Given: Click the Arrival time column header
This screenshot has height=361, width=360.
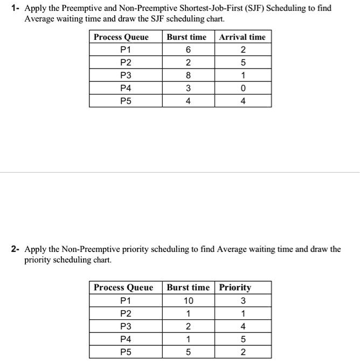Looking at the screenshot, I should tap(242, 37).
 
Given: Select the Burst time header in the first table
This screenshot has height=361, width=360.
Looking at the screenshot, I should tap(186, 37).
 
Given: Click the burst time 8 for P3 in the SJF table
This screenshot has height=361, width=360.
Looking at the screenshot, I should tap(187, 75).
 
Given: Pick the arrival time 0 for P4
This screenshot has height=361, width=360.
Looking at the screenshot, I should tap(243, 88).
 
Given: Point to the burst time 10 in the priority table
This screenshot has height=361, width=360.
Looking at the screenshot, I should tap(188, 301).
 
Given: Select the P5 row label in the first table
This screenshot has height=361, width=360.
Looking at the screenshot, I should tap(125, 100).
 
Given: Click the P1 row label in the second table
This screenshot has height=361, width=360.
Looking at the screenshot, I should tap(125, 301).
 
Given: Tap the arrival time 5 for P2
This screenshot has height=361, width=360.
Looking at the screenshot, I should tap(243, 63).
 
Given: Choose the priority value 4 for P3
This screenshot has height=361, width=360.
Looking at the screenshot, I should tap(243, 326).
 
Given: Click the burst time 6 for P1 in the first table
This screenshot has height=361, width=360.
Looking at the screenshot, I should tap(187, 50).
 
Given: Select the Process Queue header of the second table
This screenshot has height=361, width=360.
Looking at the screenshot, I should tap(123, 288).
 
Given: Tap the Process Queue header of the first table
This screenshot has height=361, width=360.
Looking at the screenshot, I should tap(121, 37).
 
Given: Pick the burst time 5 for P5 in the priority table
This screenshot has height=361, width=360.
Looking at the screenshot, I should tap(188, 352).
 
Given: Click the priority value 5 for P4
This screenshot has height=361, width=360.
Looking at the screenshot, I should tap(243, 339).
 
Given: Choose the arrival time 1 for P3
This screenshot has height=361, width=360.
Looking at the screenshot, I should tap(243, 75).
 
